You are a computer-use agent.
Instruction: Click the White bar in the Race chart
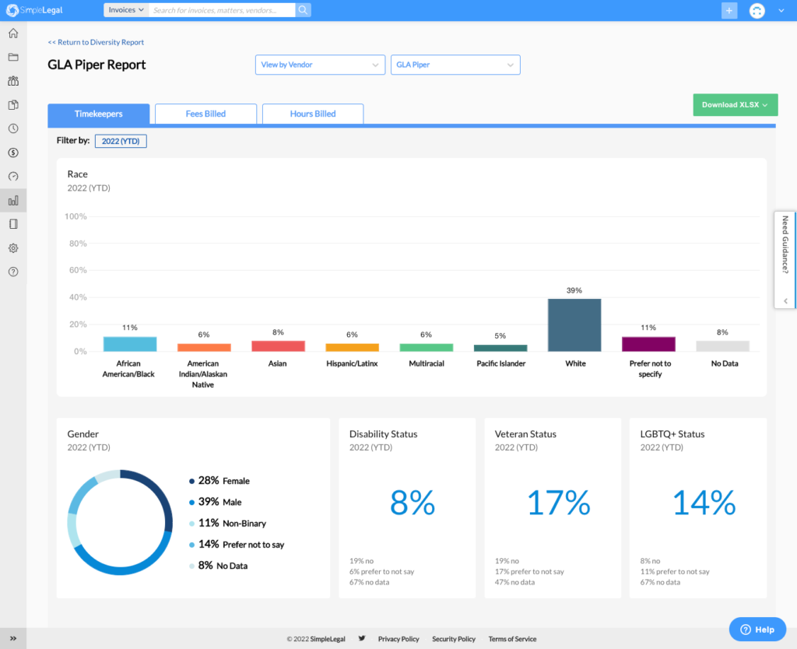coord(574,325)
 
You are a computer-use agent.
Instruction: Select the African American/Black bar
coord(130,344)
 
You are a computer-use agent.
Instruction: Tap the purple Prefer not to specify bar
coord(648,344)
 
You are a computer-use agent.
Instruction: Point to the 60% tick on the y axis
coord(78,271)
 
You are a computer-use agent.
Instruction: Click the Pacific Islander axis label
coord(500,363)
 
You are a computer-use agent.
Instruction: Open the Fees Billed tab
coord(205,114)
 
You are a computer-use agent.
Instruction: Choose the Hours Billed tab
coord(313,114)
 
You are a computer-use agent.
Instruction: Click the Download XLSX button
coord(735,105)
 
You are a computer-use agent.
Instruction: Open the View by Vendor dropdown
coord(320,65)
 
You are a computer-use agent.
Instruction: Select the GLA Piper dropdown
coord(455,65)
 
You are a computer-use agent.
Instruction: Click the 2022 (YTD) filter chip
coord(121,141)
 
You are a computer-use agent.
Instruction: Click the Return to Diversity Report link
coord(96,42)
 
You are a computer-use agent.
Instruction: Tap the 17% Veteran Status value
coord(558,503)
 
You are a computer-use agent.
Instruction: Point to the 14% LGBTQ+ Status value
coord(704,503)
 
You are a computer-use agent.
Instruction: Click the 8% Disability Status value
coord(413,503)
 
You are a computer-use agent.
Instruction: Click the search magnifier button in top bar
coord(304,10)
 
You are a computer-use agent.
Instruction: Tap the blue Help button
coord(757,629)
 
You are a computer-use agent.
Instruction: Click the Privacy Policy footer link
coord(398,639)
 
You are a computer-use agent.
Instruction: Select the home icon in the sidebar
coord(13,33)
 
